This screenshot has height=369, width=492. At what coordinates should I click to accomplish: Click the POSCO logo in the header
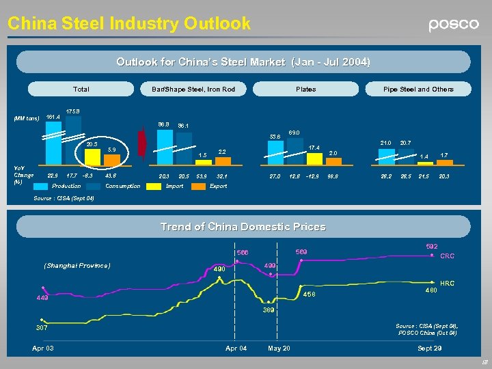[x=454, y=25]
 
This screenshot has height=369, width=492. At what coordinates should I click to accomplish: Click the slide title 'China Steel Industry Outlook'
[x=129, y=23]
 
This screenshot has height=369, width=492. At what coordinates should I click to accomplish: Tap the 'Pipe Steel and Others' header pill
[x=418, y=89]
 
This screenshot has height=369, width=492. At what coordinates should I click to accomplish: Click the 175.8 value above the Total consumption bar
[x=72, y=111]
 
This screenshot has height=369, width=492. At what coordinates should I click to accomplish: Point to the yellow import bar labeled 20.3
[x=91, y=155]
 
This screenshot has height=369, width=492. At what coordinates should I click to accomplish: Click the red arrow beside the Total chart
[x=141, y=142]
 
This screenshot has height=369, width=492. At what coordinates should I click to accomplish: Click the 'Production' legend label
[x=66, y=186]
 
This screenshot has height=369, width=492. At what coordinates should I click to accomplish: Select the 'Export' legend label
[x=218, y=186]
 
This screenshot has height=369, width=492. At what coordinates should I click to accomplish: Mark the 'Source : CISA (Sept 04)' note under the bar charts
[x=64, y=199]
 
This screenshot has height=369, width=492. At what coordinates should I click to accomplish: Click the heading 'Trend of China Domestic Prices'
[x=243, y=226]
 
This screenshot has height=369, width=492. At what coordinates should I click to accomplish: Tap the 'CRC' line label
[x=447, y=256]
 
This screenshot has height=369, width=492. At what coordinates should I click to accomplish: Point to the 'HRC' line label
[x=447, y=282]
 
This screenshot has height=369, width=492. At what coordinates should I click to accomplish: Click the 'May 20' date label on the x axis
[x=279, y=348]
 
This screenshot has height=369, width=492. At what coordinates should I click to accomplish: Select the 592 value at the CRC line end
[x=431, y=246]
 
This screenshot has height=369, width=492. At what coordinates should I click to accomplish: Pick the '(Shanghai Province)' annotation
[x=77, y=265]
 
